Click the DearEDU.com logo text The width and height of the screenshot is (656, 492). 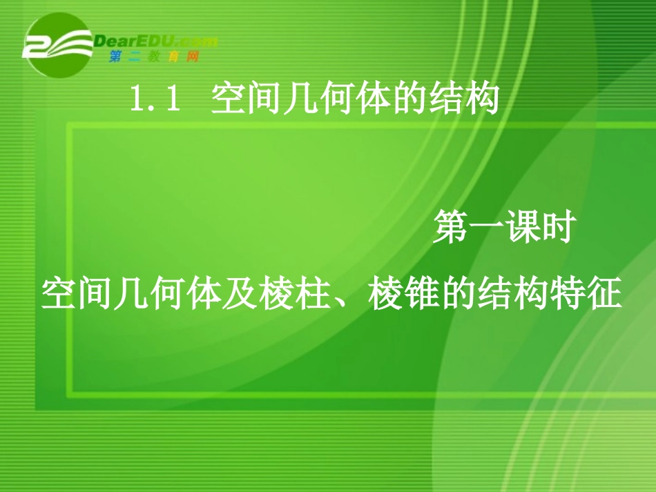(155, 41)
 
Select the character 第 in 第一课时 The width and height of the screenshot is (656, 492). (451, 228)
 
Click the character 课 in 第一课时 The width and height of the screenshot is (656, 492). (521, 228)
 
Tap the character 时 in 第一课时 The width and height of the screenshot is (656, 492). (557, 228)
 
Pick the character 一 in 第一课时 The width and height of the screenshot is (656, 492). (486, 229)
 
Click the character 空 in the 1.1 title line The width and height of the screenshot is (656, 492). (229, 101)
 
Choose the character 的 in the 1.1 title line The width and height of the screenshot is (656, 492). (409, 101)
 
